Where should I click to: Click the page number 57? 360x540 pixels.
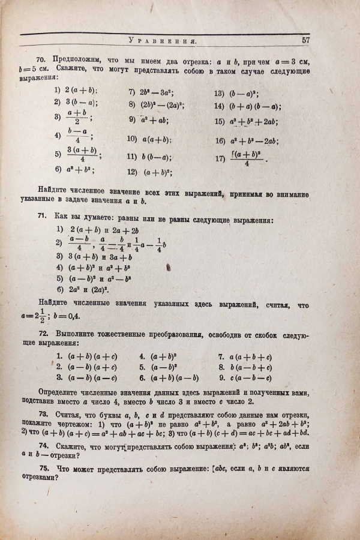[305, 40]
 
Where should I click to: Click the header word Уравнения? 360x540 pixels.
[163, 41]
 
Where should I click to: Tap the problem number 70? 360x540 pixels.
[42, 59]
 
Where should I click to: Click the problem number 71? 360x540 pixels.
[42, 221]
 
